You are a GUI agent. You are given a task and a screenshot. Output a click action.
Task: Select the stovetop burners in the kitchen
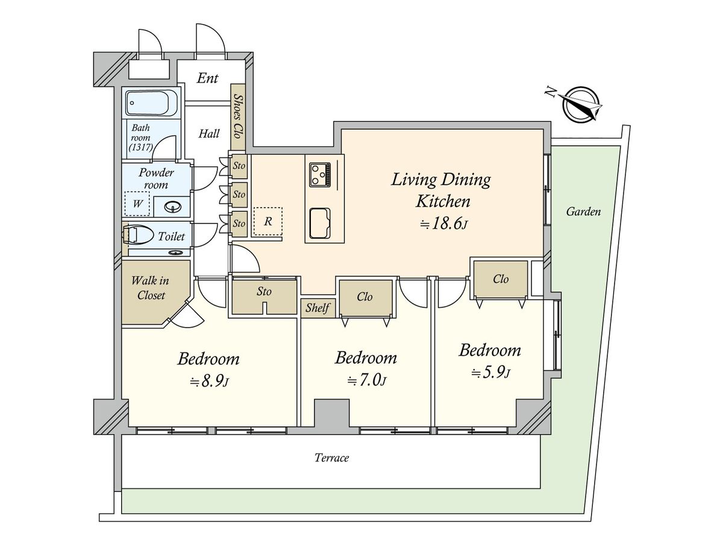coord(320,174)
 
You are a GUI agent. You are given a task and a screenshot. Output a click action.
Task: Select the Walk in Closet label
coord(151,288)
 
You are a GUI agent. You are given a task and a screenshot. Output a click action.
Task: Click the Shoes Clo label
coord(238,117)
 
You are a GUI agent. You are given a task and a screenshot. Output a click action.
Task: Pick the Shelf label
coord(318,308)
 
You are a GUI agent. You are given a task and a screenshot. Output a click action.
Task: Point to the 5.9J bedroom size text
coord(490,373)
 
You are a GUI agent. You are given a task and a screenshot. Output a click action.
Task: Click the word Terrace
coord(332,458)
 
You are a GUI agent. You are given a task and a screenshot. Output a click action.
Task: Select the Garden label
coord(583,211)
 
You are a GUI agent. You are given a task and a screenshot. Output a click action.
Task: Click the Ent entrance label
coord(207,78)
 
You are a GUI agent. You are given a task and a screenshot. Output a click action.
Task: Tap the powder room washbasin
coord(173,208)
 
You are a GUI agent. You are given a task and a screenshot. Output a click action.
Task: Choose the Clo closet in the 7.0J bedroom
coord(365,297)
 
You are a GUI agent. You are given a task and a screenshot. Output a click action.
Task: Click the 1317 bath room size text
coord(143,147)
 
